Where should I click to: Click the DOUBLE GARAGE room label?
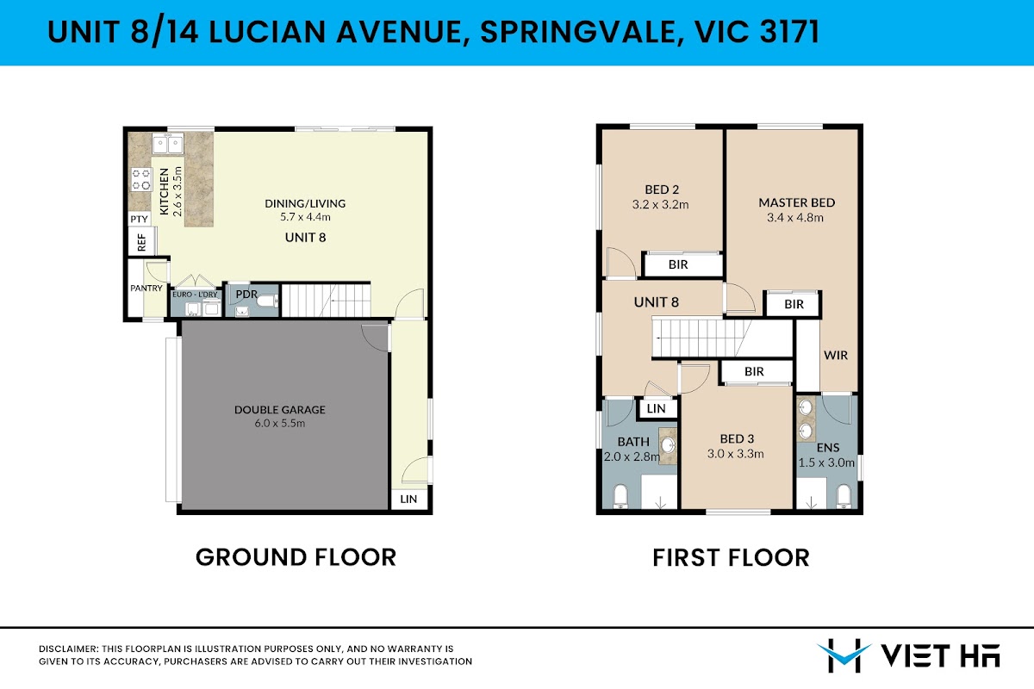(x=280, y=409)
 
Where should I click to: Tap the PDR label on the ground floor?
(x=246, y=294)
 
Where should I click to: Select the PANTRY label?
(x=146, y=288)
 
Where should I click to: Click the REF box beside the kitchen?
(x=141, y=242)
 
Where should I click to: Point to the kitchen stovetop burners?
(x=141, y=179)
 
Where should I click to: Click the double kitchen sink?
(x=167, y=144)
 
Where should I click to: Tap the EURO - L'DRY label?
(x=195, y=295)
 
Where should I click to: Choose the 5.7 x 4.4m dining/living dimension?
(x=305, y=217)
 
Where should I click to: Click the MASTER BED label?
(x=797, y=202)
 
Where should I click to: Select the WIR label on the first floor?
(x=836, y=356)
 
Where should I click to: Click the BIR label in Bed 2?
(x=678, y=264)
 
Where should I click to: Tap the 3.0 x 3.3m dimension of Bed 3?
(x=735, y=454)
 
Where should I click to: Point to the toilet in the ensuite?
(x=844, y=496)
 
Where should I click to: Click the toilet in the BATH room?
(x=621, y=496)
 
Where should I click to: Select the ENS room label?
(x=828, y=448)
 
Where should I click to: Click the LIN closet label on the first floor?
(x=656, y=408)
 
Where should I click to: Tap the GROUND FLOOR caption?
(x=296, y=557)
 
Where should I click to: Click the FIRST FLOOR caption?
(x=731, y=557)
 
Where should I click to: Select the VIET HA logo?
(x=908, y=655)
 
